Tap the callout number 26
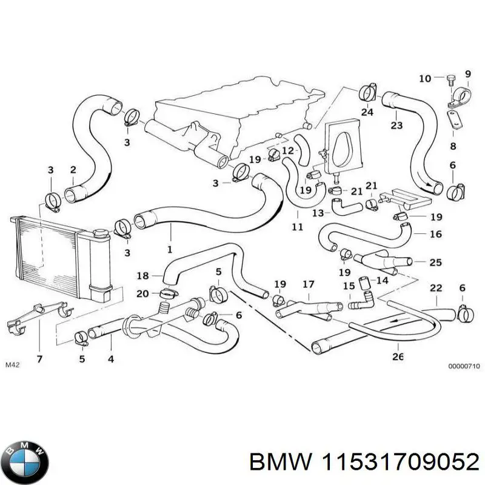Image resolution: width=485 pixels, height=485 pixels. tap(398, 356)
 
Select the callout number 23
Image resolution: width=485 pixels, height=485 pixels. tap(396, 126)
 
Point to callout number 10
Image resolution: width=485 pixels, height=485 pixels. tap(424, 78)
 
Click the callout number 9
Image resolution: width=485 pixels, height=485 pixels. tap(467, 74)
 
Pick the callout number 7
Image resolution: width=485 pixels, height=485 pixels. tap(39, 360)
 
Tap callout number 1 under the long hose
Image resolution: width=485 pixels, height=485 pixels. tap(170, 249)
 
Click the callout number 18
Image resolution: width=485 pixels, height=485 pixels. tap(142, 276)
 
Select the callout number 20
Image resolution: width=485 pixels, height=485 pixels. tap(142, 293)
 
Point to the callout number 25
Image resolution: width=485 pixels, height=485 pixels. tap(435, 263)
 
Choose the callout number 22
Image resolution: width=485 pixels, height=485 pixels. tap(436, 288)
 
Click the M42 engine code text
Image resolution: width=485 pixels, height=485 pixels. tap(12, 365)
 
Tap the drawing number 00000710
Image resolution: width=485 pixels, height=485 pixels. tap(464, 366)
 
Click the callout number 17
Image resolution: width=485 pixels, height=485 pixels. tap(309, 284)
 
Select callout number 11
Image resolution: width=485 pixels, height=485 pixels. tap(297, 227)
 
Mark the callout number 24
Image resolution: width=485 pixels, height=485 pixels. tap(367, 112)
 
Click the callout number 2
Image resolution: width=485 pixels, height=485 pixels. tap(73, 169)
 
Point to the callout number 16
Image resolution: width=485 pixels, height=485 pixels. tap(435, 234)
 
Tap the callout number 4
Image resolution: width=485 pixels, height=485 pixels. tap(111, 360)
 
